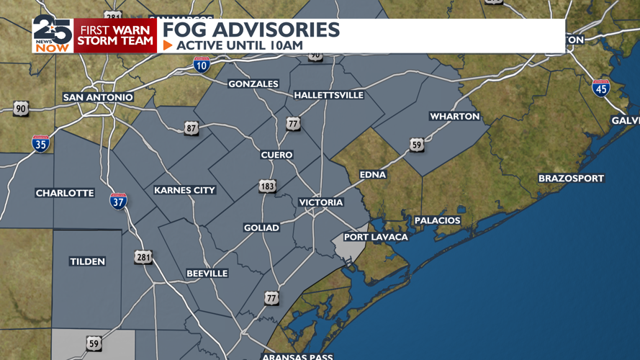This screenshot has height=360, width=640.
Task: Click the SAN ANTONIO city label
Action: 98,97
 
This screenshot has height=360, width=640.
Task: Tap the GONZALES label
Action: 253,84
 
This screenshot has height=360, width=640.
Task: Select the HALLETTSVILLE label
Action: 329,95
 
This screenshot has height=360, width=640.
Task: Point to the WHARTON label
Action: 454,117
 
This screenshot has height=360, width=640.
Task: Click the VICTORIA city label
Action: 321,202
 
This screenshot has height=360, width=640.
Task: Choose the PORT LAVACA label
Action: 376,237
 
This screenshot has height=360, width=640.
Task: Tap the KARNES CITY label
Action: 184,190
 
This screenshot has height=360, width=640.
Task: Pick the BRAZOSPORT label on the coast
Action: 571,179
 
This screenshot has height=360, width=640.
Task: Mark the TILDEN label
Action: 87,261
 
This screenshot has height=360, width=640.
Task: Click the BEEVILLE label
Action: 207,274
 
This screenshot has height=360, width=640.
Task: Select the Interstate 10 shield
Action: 202,65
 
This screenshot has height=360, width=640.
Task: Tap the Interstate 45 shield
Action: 601,88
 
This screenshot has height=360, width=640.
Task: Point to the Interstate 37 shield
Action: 118,201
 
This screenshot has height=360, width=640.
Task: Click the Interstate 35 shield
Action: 41,143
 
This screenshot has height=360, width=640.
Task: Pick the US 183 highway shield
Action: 267,186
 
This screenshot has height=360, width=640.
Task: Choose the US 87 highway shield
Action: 191,128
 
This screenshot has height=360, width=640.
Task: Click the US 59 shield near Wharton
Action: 417,145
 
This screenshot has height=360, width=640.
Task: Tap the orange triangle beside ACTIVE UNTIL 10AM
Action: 168,45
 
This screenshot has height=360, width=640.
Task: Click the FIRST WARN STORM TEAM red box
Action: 115,35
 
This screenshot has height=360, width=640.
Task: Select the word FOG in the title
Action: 186,30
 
